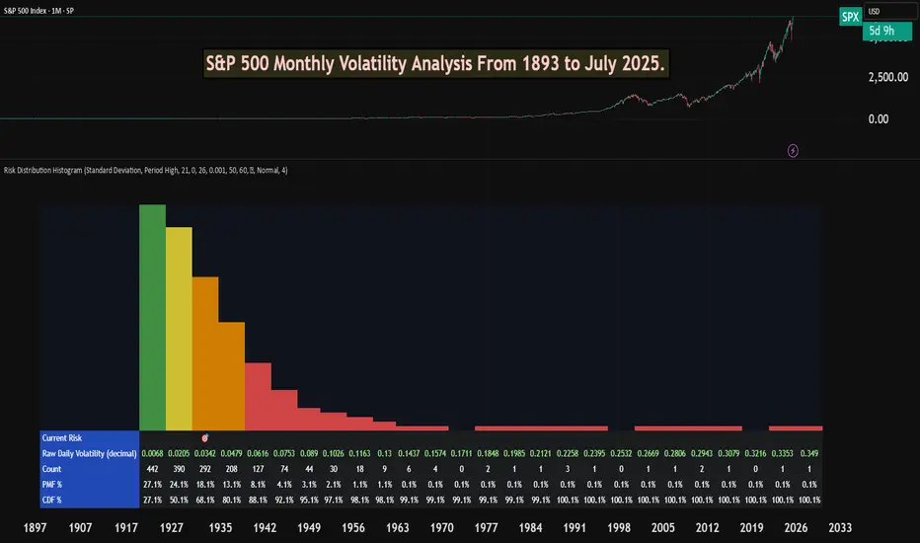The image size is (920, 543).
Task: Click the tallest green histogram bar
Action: pos(152,316)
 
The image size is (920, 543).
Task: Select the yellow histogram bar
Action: pos(179,328)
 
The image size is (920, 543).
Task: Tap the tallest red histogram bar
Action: pos(258,396)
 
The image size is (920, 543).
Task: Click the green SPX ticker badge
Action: pos(849,17)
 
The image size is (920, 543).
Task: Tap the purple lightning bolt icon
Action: pos(794,150)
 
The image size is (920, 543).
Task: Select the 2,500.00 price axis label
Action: pos(884,76)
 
